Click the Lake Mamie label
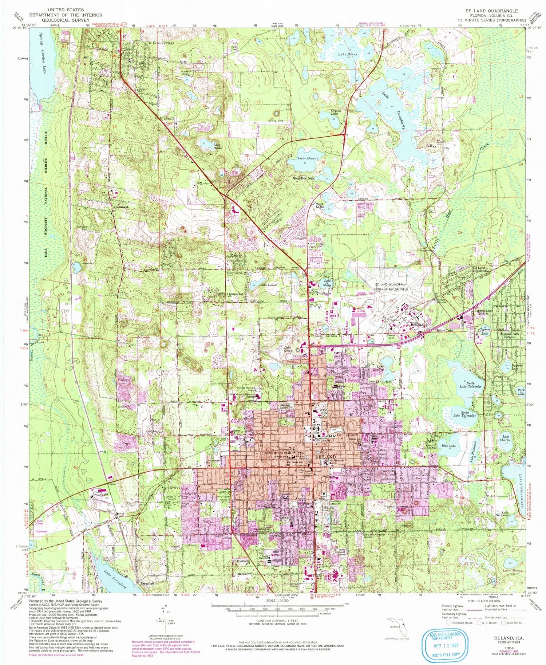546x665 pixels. point(308,158)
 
